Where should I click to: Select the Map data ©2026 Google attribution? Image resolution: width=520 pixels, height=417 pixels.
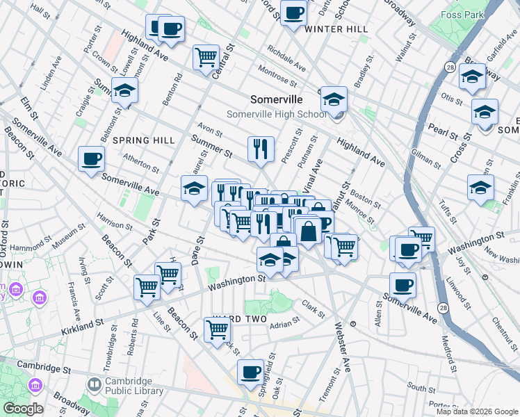click(x=477, y=411)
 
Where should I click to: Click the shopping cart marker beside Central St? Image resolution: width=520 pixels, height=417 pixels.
click(x=206, y=57)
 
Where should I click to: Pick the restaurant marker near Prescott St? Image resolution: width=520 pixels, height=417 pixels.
click(x=261, y=149)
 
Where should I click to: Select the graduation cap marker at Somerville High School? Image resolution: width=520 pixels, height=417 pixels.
click(x=334, y=99)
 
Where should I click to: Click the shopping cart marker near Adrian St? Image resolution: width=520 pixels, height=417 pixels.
click(x=217, y=330)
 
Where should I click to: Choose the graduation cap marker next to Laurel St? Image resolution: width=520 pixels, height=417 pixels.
click(x=194, y=188)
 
